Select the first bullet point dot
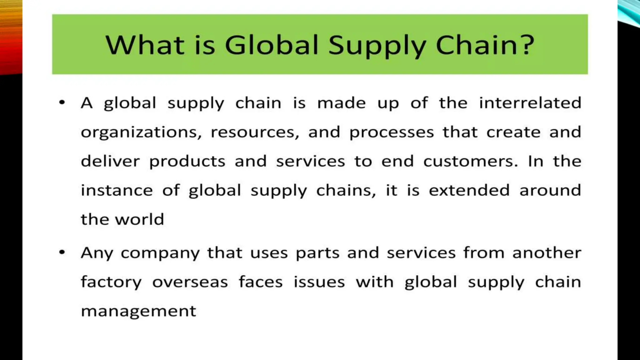62,102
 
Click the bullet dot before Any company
62,252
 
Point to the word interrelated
530,103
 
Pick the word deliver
110,161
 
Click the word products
187,162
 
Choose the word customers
471,161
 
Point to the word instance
117,190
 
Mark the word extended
469,190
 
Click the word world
139,219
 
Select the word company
160,253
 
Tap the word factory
111,282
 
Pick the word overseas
190,282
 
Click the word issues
319,282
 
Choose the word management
138,312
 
